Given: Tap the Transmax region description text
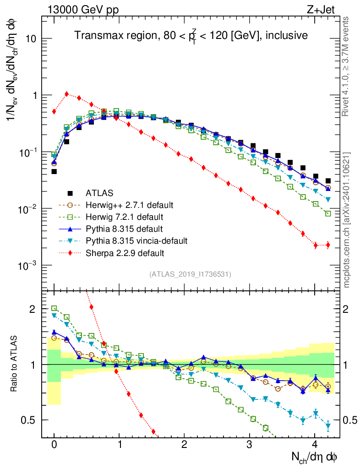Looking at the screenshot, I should point(191,35).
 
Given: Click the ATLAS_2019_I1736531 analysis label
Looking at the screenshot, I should point(190,274).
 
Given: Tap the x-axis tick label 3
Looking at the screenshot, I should point(250,445).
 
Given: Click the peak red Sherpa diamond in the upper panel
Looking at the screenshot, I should point(67,94).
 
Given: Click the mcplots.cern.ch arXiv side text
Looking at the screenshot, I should point(347,219).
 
